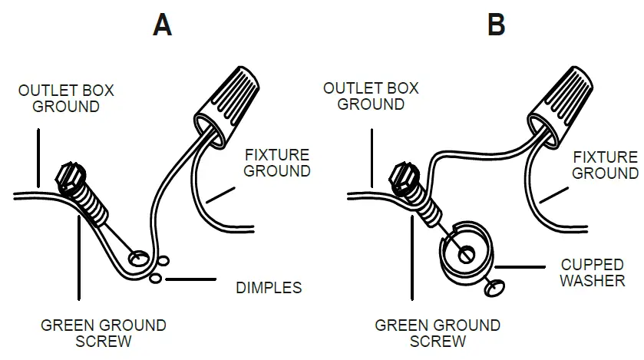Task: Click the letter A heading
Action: pos(162,25)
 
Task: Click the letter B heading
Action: pos(497,25)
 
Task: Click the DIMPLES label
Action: pos(268,288)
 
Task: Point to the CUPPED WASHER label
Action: pos(592,272)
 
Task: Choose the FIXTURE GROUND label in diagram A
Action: pos(277,162)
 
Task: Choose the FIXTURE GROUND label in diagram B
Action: pos(605,165)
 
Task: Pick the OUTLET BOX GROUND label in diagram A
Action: pos(66,98)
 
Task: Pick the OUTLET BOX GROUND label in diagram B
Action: pos(371,96)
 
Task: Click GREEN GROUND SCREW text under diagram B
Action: pos(438,332)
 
